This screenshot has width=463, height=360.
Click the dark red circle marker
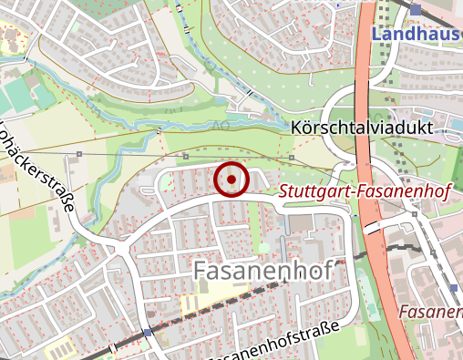(x=231, y=180)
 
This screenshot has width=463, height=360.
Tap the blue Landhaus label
(x=417, y=36)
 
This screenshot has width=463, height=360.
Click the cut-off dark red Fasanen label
(x=430, y=311)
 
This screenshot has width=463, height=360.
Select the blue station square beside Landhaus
(x=416, y=10)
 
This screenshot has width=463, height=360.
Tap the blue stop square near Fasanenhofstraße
(x=148, y=334)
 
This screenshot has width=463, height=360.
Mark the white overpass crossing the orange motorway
(x=373, y=229)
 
